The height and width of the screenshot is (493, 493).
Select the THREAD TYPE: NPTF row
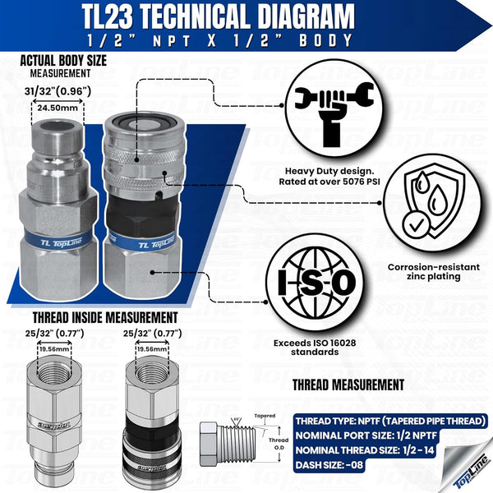(389, 421)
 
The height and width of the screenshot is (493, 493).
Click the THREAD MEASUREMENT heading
(348, 384)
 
